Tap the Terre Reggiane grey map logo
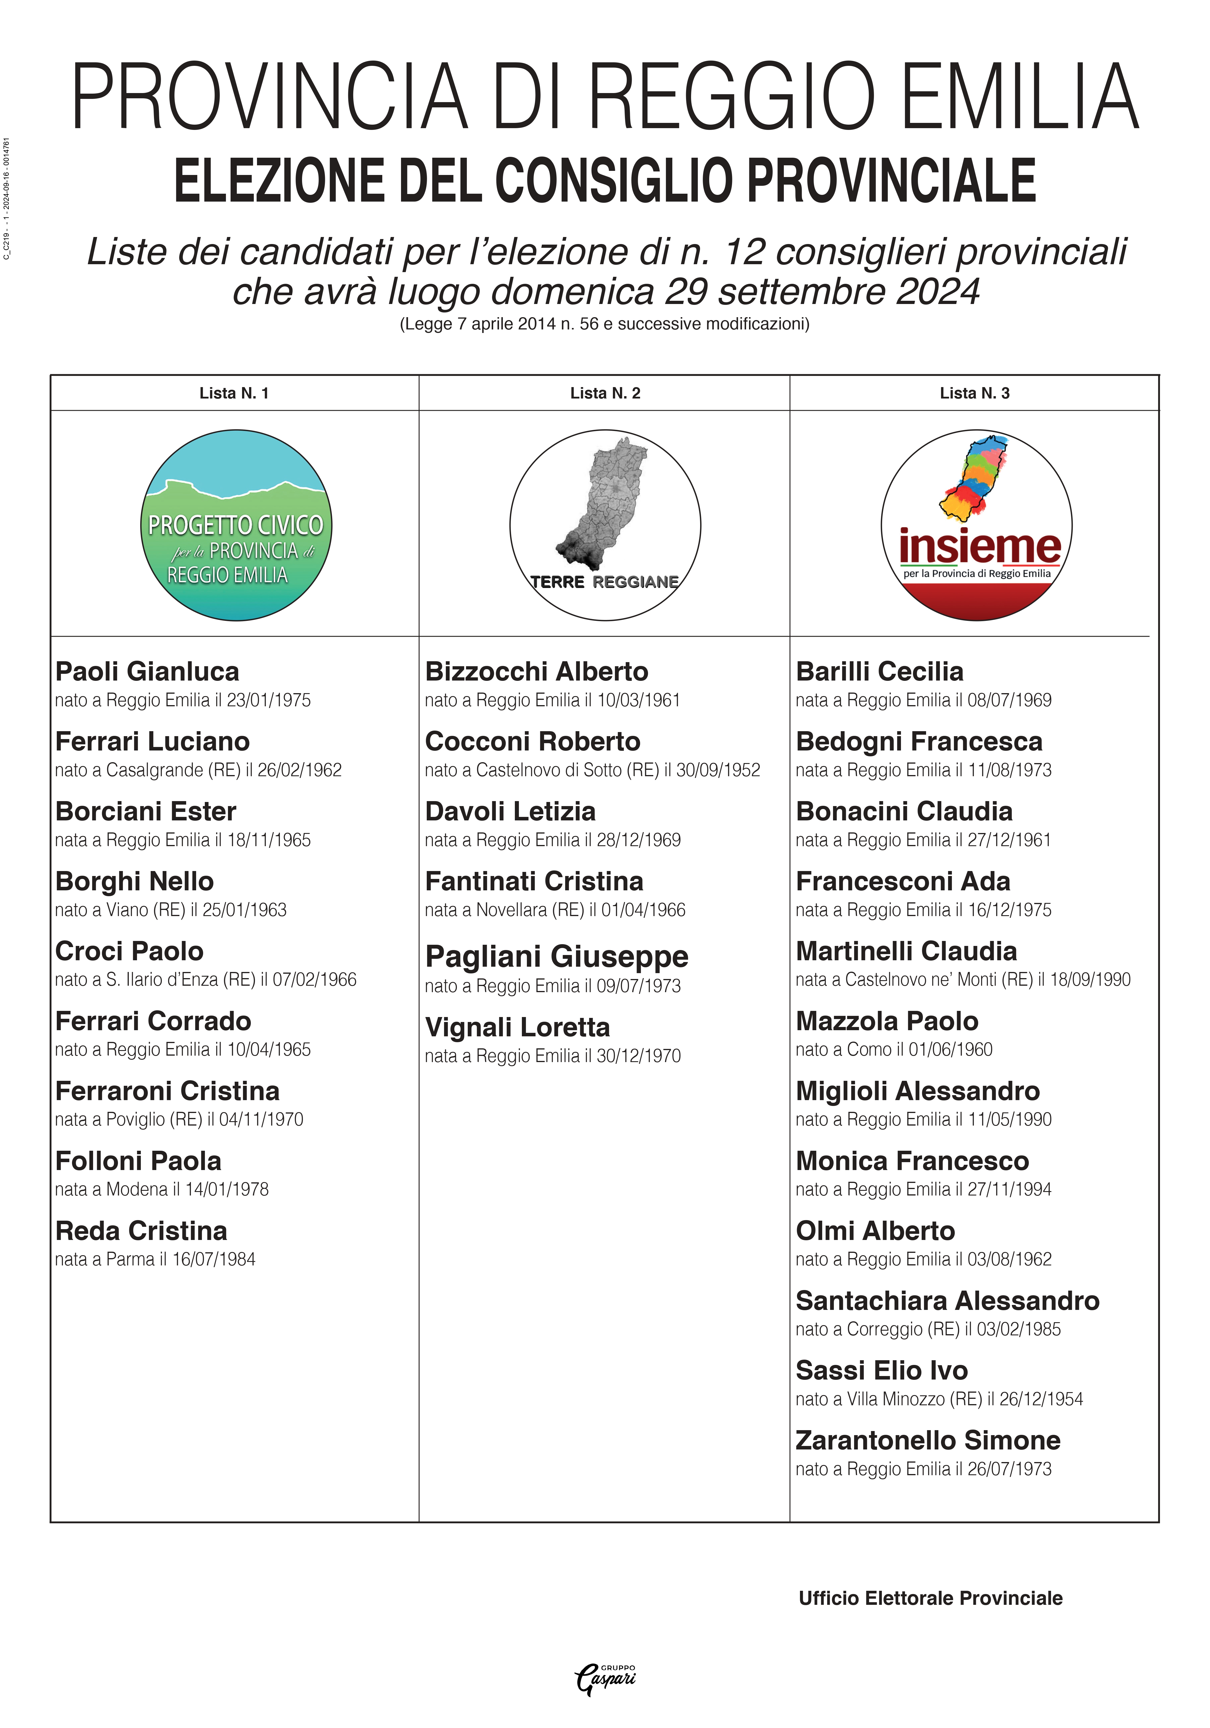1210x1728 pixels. point(605,525)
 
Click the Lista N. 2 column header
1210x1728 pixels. point(605,393)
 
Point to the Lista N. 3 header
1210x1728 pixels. point(974,393)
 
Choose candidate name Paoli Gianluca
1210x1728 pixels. point(148,671)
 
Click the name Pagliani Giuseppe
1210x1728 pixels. point(556,956)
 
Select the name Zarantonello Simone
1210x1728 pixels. point(928,1440)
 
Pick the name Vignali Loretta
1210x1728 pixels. point(517,1027)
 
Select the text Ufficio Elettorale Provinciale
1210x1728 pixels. point(931,1598)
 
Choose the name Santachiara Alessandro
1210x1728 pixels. point(947,1301)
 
